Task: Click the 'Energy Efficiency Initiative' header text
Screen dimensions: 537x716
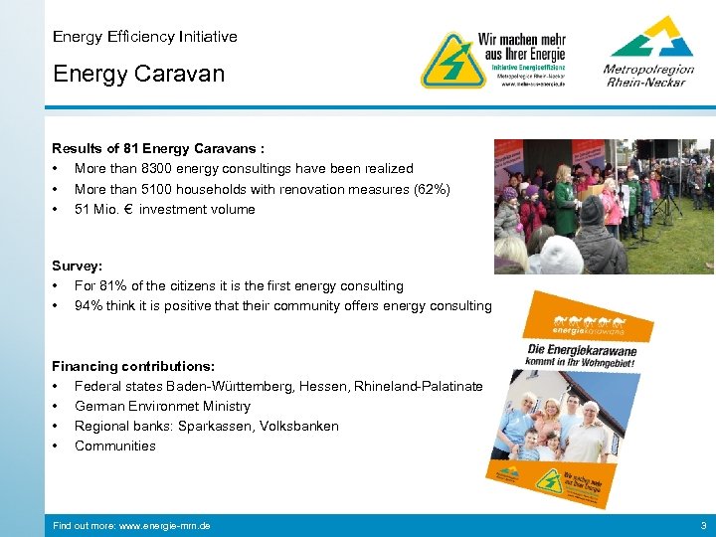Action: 145,37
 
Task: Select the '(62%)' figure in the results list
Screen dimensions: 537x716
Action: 431,189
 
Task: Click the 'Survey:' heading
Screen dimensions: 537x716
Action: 78,267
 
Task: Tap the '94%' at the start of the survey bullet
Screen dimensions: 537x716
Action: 89,306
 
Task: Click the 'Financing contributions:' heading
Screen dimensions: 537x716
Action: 133,367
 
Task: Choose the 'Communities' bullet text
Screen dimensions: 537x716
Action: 115,447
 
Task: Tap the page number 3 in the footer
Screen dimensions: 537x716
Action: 703,525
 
